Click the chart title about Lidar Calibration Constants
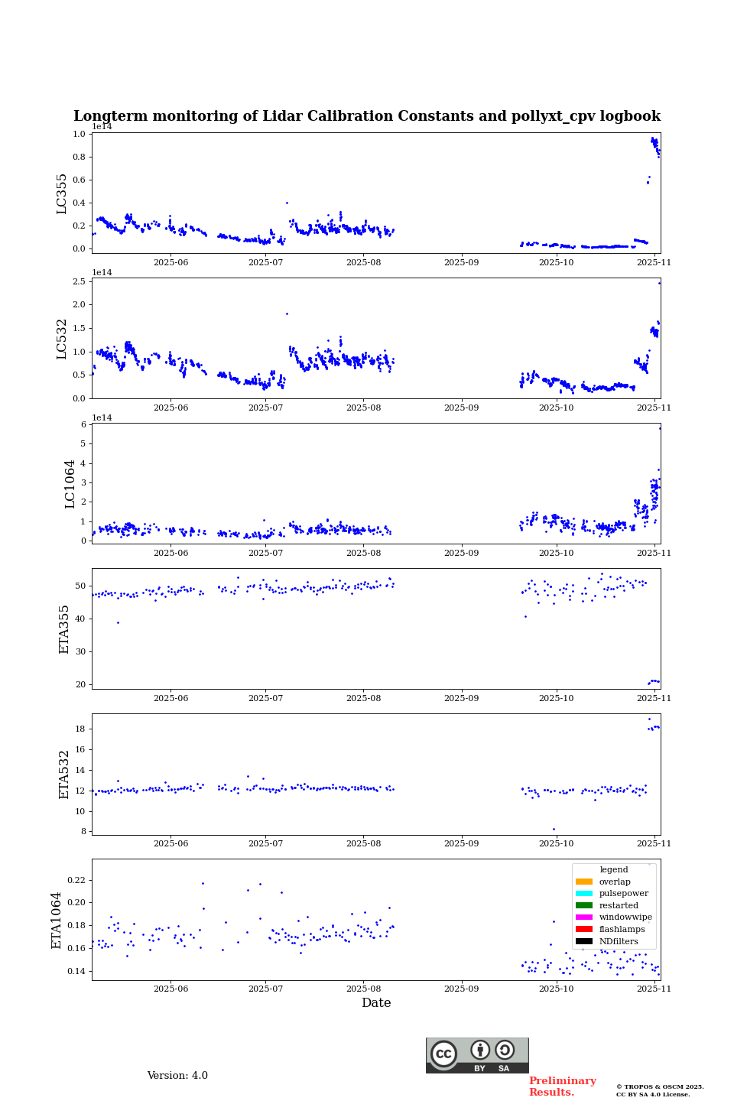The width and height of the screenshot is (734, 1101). pyautogui.click(x=367, y=116)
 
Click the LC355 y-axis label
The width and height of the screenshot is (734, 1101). pyautogui.click(x=62, y=193)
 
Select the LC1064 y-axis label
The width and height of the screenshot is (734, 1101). pyautogui.click(x=70, y=484)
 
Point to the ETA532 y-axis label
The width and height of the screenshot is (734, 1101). pyautogui.click(x=64, y=775)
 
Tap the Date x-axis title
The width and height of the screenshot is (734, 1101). pyautogui.click(x=376, y=1003)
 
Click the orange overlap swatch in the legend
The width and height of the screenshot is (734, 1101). pyautogui.click(x=584, y=882)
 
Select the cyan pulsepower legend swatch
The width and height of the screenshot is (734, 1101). pyautogui.click(x=584, y=894)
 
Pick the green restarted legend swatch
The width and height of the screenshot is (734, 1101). pyautogui.click(x=584, y=905)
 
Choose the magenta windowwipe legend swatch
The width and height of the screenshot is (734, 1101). pyautogui.click(x=584, y=917)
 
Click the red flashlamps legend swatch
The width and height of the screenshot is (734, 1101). pyautogui.click(x=584, y=930)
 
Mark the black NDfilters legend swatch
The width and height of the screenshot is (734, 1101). pyautogui.click(x=584, y=941)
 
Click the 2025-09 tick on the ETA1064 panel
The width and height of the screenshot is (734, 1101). pyautogui.click(x=461, y=989)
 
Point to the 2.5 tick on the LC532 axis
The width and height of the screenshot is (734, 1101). pyautogui.click(x=79, y=282)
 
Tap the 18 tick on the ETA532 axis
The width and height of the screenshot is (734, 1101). pyautogui.click(x=80, y=729)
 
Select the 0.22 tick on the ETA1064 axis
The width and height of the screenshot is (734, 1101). pyautogui.click(x=76, y=880)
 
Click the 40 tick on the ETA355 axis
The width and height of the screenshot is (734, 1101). pyautogui.click(x=80, y=619)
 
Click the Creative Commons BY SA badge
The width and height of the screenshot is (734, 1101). pyautogui.click(x=477, y=1055)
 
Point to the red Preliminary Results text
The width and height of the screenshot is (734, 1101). pyautogui.click(x=562, y=1086)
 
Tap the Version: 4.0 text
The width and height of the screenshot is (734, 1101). pyautogui.click(x=177, y=1076)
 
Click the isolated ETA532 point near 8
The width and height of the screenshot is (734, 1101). pyautogui.click(x=554, y=829)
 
